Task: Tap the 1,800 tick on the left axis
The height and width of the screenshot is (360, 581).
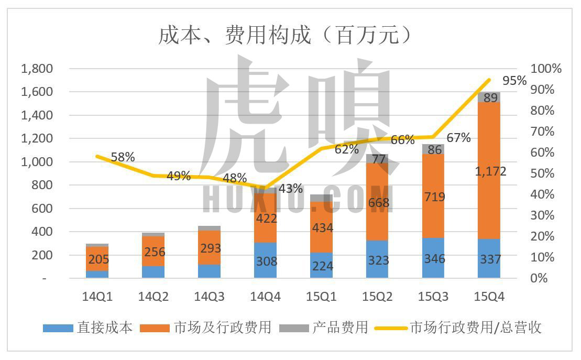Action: coord(37,69)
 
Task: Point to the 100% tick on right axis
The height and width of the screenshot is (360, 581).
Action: coord(545,69)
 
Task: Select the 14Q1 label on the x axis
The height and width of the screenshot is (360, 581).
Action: coord(97,297)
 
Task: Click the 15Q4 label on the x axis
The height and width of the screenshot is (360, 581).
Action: coord(489,297)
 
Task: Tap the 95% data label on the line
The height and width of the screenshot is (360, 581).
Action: coord(514,81)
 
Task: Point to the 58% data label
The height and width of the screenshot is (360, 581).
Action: coord(123,157)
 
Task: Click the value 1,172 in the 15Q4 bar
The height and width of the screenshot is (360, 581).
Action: coord(489,171)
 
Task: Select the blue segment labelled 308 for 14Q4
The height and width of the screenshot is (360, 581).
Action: coord(265,260)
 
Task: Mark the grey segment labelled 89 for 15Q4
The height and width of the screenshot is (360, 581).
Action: coord(489,97)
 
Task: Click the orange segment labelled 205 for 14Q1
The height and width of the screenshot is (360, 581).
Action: coord(97,258)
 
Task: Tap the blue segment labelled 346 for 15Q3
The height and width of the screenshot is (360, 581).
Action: coord(433,258)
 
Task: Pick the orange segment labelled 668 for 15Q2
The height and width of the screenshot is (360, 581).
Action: coord(377,202)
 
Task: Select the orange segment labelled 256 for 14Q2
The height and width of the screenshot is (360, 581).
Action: coord(153,252)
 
